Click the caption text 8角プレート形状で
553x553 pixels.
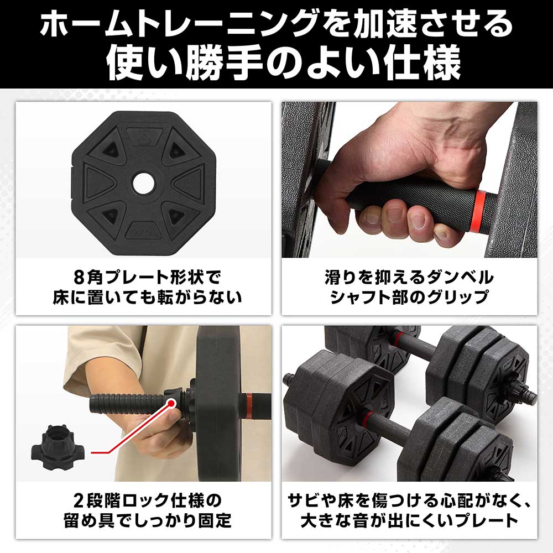pos(143,276)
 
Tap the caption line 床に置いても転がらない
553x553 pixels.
pos(143,298)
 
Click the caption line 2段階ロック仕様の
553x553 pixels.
pos(143,500)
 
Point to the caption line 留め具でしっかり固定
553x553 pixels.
pos(143,521)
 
